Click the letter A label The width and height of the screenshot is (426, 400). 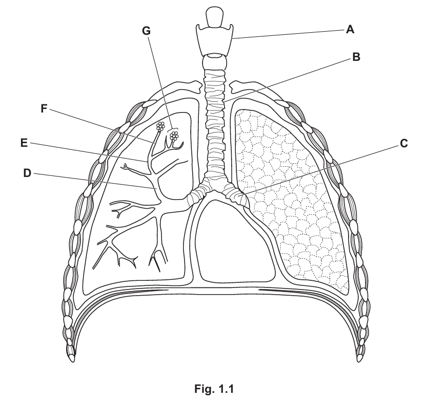click(350, 30)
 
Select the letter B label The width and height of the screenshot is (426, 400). click(356, 57)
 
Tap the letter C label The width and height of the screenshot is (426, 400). click(404, 143)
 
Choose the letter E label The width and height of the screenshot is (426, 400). click(24, 144)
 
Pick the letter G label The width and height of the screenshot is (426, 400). click(147, 30)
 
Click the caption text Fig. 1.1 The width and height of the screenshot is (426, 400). click(214, 389)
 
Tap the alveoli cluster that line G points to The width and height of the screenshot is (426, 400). click(175, 136)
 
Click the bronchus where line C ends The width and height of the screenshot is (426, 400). click(239, 195)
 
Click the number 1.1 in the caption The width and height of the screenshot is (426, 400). click(225, 389)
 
